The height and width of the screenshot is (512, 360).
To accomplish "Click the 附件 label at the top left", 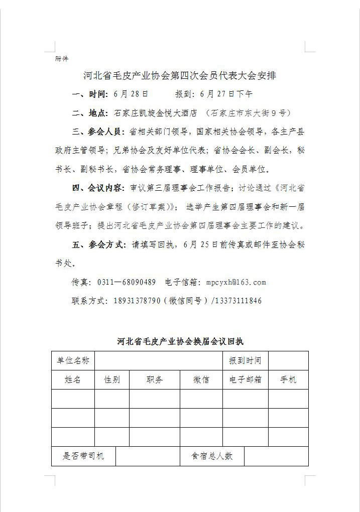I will (x=61, y=59).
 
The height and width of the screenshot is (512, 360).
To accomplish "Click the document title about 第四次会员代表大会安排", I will (x=179, y=76).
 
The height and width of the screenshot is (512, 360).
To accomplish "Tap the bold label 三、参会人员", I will (x=98, y=132).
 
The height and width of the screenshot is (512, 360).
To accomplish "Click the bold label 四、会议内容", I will (x=98, y=188).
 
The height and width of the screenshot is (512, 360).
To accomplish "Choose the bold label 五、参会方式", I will (x=98, y=245).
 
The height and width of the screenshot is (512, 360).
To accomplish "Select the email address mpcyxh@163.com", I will (x=236, y=282).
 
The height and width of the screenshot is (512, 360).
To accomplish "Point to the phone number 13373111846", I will (x=239, y=301).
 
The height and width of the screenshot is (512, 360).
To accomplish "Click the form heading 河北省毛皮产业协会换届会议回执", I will (x=180, y=342).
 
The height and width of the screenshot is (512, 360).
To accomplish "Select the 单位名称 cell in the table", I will (x=73, y=360).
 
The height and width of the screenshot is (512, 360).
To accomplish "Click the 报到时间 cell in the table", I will (x=245, y=360).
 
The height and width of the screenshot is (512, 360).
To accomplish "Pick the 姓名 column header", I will (x=73, y=379).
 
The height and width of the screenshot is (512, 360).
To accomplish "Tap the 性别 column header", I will (x=112, y=379).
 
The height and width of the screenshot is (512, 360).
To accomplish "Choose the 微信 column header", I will (x=201, y=379).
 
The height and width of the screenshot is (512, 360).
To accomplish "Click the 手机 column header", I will (x=288, y=379).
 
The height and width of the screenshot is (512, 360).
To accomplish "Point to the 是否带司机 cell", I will (x=83, y=456).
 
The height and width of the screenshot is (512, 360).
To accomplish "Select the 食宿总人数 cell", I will (x=212, y=456).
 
